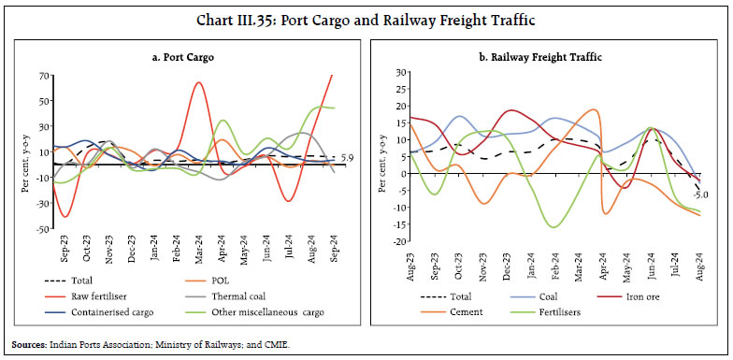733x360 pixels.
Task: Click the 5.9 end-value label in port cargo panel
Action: (347, 157)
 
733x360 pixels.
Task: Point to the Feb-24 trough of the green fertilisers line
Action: (555, 226)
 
